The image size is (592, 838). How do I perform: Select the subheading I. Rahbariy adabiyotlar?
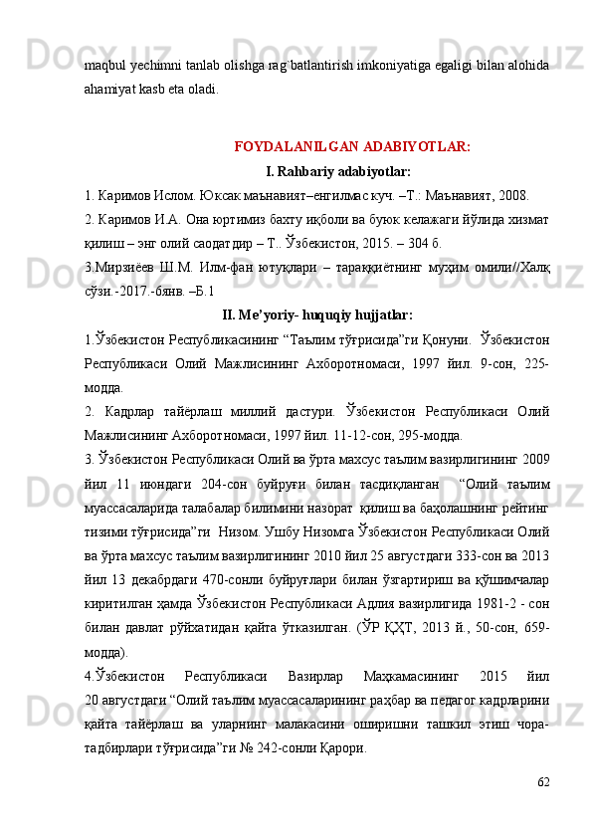tap(338, 170)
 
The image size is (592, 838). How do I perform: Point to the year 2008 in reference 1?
tap(510, 194)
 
